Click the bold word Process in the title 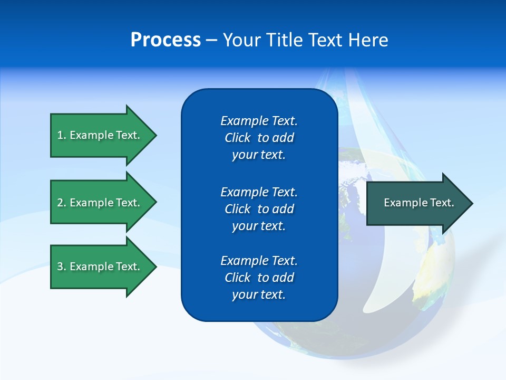pos(166,40)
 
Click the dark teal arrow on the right pos(416,203)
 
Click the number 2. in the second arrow pos(61,203)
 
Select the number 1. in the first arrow pos(61,135)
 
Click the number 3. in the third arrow pos(61,267)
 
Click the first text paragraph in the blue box pos(259,138)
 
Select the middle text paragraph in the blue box pos(259,209)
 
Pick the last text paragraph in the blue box pos(259,278)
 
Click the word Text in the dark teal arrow pos(442,203)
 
